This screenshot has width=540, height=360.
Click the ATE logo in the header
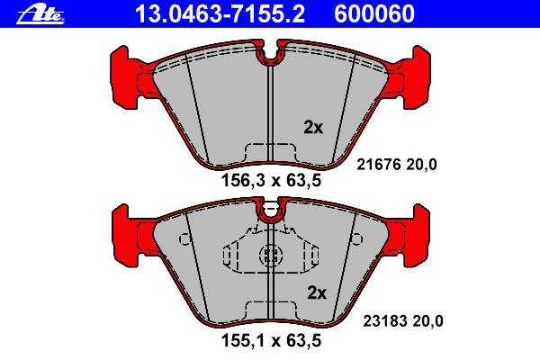[40, 15]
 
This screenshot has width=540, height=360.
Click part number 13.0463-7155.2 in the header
[220, 14]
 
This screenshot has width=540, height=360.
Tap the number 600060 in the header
[374, 14]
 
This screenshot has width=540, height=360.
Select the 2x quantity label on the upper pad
[313, 128]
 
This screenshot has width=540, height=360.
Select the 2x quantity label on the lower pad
[317, 293]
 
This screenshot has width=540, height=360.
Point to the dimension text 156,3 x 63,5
[272, 180]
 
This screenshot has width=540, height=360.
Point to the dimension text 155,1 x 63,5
[272, 341]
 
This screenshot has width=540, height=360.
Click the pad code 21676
[379, 165]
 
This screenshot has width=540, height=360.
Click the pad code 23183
[386, 321]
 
